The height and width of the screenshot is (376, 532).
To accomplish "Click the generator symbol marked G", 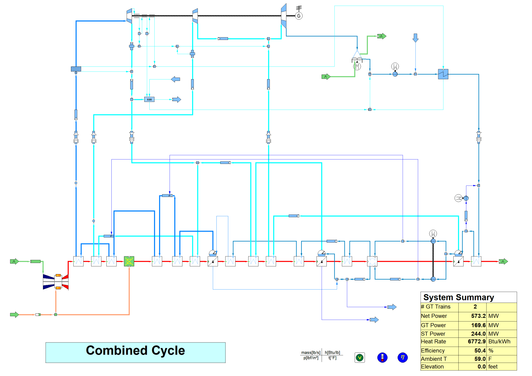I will pyautogui.click(x=299, y=16).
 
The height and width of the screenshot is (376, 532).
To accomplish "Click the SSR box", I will pyautogui.click(x=149, y=99).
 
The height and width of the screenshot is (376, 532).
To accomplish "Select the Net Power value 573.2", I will pyautogui.click(x=478, y=316).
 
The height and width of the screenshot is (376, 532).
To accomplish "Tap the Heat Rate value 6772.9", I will pyautogui.click(x=477, y=341).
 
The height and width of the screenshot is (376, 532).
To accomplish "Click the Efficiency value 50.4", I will pyautogui.click(x=480, y=351).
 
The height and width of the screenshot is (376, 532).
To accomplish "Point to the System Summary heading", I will pyautogui.click(x=459, y=297).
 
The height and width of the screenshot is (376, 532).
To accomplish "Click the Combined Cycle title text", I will pyautogui.click(x=135, y=351).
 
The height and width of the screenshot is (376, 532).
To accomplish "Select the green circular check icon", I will pyautogui.click(x=360, y=357).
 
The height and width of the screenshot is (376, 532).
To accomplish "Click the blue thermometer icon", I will pyautogui.click(x=382, y=357).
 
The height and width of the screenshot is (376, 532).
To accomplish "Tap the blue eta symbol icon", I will pyautogui.click(x=402, y=357).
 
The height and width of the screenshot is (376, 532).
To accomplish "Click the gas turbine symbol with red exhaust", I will pyautogui.click(x=56, y=282).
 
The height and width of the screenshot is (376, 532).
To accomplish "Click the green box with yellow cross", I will pyautogui.click(x=129, y=261).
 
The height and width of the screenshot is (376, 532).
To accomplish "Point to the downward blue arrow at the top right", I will pyautogui.click(x=415, y=38).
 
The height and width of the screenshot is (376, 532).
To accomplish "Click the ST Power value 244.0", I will pyautogui.click(x=478, y=334).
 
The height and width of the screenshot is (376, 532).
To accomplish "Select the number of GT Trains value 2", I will pyautogui.click(x=475, y=307).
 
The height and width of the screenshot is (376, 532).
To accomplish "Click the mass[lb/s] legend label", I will pyautogui.click(x=311, y=352).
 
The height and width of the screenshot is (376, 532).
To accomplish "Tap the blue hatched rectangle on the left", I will pyautogui.click(x=76, y=69).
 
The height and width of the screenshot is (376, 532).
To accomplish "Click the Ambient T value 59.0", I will pyautogui.click(x=480, y=359).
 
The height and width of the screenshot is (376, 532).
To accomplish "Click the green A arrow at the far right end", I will pyautogui.click(x=503, y=261).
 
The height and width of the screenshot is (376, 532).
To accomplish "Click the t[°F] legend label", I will pyautogui.click(x=332, y=358).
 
